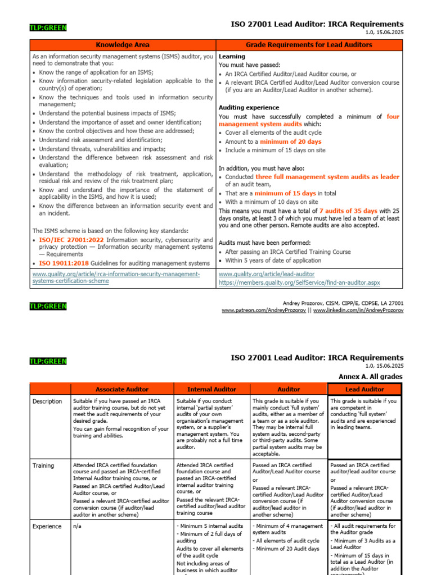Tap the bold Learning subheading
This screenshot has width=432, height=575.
point(232,57)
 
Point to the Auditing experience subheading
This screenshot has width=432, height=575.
point(249,107)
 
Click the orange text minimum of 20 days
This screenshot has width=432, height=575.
point(290,142)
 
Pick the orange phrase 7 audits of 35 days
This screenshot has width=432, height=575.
point(348,211)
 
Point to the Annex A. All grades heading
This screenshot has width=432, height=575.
point(371,376)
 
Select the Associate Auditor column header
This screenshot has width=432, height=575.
point(122,389)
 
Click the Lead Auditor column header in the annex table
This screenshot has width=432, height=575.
point(364,389)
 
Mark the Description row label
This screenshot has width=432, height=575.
point(47,401)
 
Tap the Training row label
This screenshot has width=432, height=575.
point(43,466)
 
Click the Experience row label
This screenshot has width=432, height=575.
point(47,526)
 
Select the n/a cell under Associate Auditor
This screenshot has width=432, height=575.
point(77,526)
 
